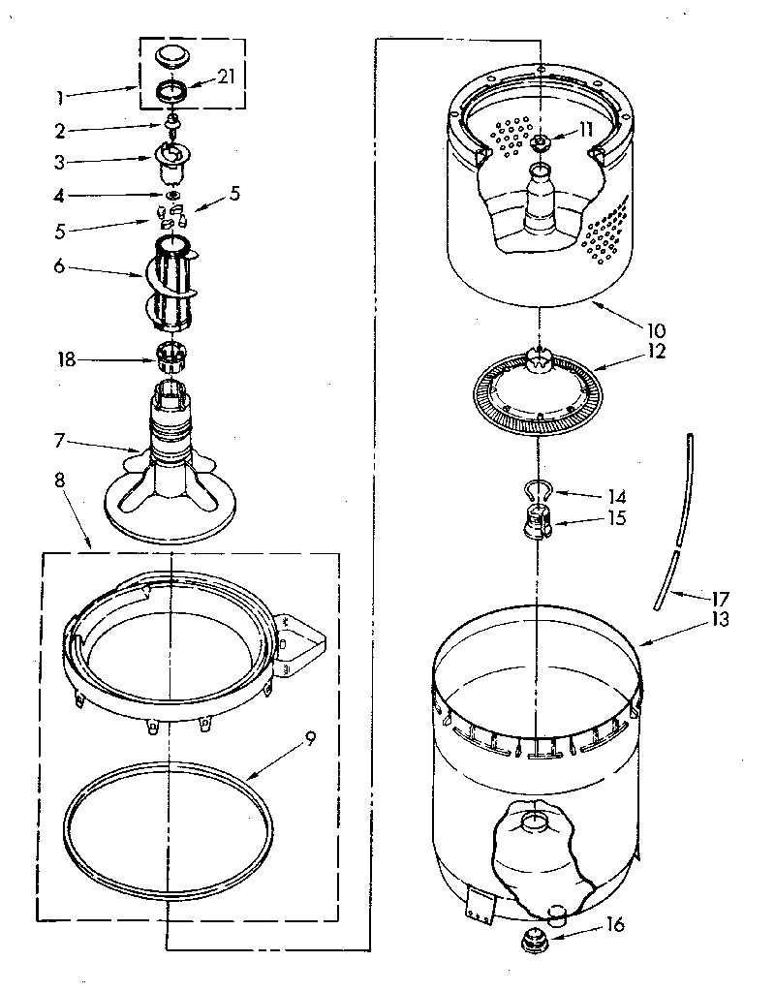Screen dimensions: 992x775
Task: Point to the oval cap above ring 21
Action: click(x=172, y=56)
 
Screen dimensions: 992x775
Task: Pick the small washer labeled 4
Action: click(x=170, y=196)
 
